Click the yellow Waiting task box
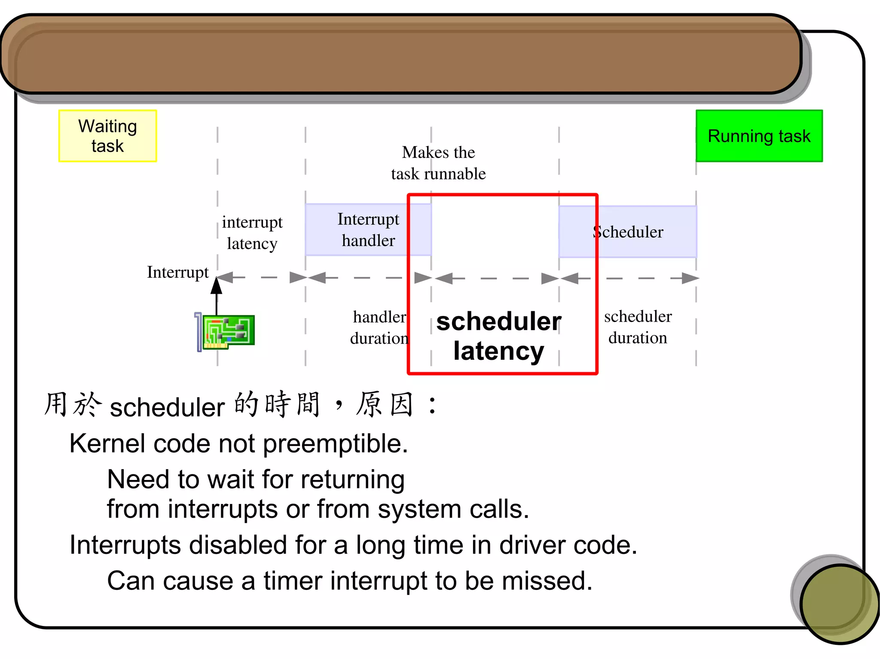(107, 136)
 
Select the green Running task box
(759, 136)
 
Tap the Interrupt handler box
(368, 230)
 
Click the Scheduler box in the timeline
(628, 232)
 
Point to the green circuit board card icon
(228, 331)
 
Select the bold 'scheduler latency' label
(498, 336)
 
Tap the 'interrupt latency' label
(252, 233)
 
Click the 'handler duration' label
(379, 328)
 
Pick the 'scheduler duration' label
(638, 327)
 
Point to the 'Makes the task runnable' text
(438, 163)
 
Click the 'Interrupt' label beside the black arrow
(177, 272)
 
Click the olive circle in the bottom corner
(839, 603)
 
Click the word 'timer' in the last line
(293, 581)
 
